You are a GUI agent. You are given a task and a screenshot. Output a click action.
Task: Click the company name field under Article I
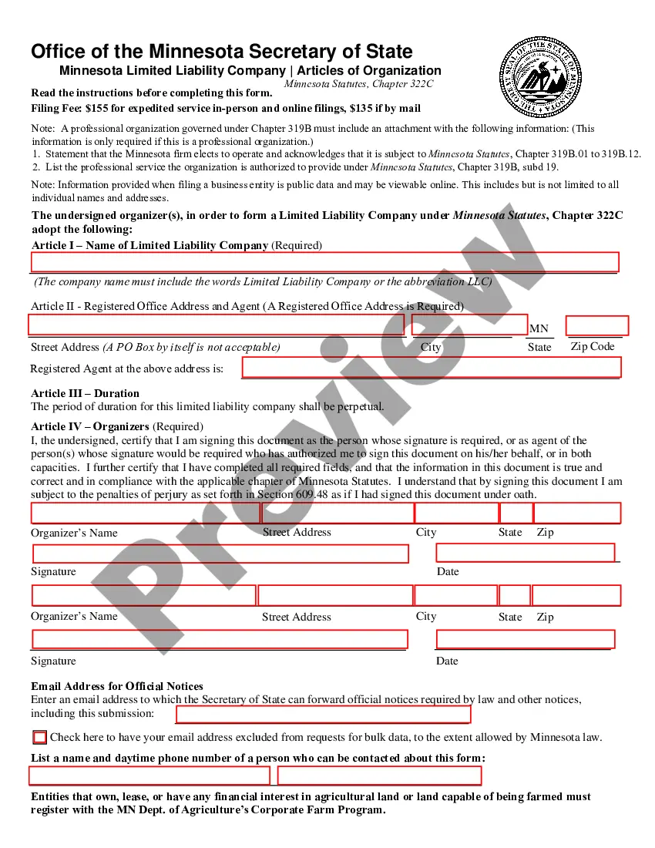click(x=324, y=262)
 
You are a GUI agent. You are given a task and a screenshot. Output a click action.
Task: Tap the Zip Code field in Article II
click(x=597, y=325)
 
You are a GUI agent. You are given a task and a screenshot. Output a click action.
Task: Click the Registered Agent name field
click(x=431, y=368)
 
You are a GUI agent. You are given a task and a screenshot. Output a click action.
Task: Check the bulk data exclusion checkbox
click(x=40, y=737)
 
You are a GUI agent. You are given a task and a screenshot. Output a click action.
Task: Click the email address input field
click(x=324, y=715)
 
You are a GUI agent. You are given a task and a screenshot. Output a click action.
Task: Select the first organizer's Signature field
click(x=220, y=554)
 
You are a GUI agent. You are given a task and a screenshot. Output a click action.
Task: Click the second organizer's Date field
click(x=526, y=639)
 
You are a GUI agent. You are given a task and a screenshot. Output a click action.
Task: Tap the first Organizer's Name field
click(x=145, y=513)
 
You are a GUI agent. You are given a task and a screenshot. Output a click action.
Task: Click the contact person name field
click(x=149, y=776)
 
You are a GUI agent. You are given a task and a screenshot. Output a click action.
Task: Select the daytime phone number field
click(x=380, y=776)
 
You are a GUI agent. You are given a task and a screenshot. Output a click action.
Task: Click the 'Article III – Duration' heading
click(x=85, y=393)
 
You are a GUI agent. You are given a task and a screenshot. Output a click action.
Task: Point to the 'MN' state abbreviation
click(x=539, y=329)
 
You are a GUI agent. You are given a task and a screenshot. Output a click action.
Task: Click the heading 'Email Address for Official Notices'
click(x=117, y=686)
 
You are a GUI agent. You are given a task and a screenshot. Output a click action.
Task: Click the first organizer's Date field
click(x=526, y=553)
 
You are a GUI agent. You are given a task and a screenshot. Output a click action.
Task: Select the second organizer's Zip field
click(x=576, y=595)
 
